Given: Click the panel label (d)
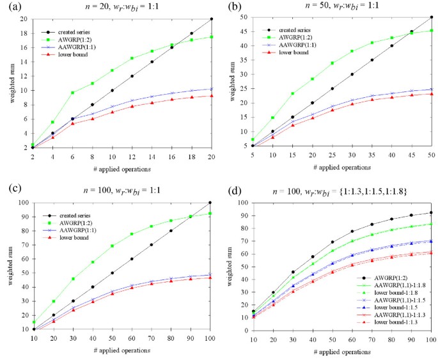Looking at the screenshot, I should [x=233, y=191].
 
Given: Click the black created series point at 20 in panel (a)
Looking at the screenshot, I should [x=210, y=19].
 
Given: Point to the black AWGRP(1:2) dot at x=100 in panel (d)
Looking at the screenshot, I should [x=431, y=212].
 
